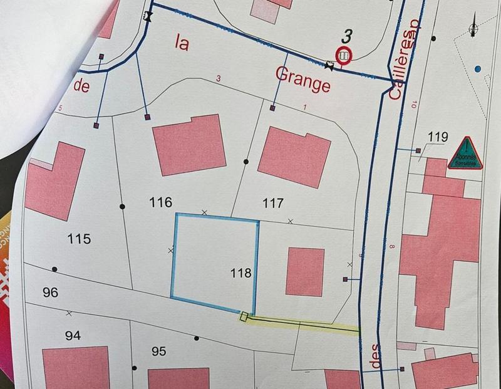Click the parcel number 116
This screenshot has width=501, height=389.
(161, 202)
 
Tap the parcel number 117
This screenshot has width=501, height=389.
(274, 203)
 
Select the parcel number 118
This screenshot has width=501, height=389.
(241, 273)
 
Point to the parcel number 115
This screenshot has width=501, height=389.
(80, 239)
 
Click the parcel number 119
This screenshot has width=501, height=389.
(438, 137)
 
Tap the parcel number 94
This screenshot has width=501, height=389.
(73, 336)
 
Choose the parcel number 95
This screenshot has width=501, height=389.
(159, 351)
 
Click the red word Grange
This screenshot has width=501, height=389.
(302, 80)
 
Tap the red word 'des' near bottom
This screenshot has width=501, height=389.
(376, 360)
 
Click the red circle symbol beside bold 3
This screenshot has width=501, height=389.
(343, 56)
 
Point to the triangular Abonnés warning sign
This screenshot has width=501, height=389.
(465, 155)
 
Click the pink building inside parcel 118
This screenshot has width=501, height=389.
(305, 271)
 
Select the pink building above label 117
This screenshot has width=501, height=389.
(294, 156)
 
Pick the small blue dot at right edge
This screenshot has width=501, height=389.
(478, 68)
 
